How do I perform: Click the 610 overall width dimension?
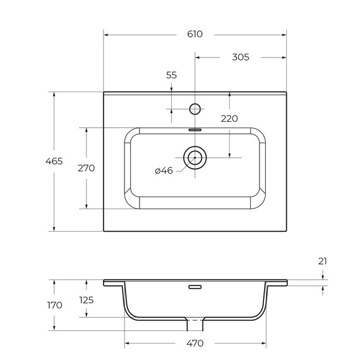pyautogui.click(x=195, y=34)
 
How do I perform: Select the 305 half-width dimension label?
pyautogui.click(x=241, y=57)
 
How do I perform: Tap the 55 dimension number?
pyautogui.click(x=172, y=75)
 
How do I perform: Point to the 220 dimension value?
pyautogui.click(x=229, y=119)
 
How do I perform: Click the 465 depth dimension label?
pyautogui.click(x=54, y=161)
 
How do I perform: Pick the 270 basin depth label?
pyautogui.click(x=87, y=168)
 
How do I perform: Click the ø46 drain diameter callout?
pyautogui.click(x=164, y=171)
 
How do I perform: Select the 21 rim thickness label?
pyautogui.click(x=323, y=261)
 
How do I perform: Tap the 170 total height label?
pyautogui.click(x=55, y=305)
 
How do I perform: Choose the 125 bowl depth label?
pyautogui.click(x=87, y=300)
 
